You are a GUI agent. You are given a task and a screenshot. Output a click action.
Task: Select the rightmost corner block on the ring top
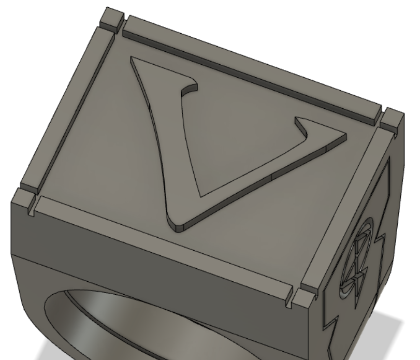(392, 120)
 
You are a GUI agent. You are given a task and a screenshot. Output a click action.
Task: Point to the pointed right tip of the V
(345, 135)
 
